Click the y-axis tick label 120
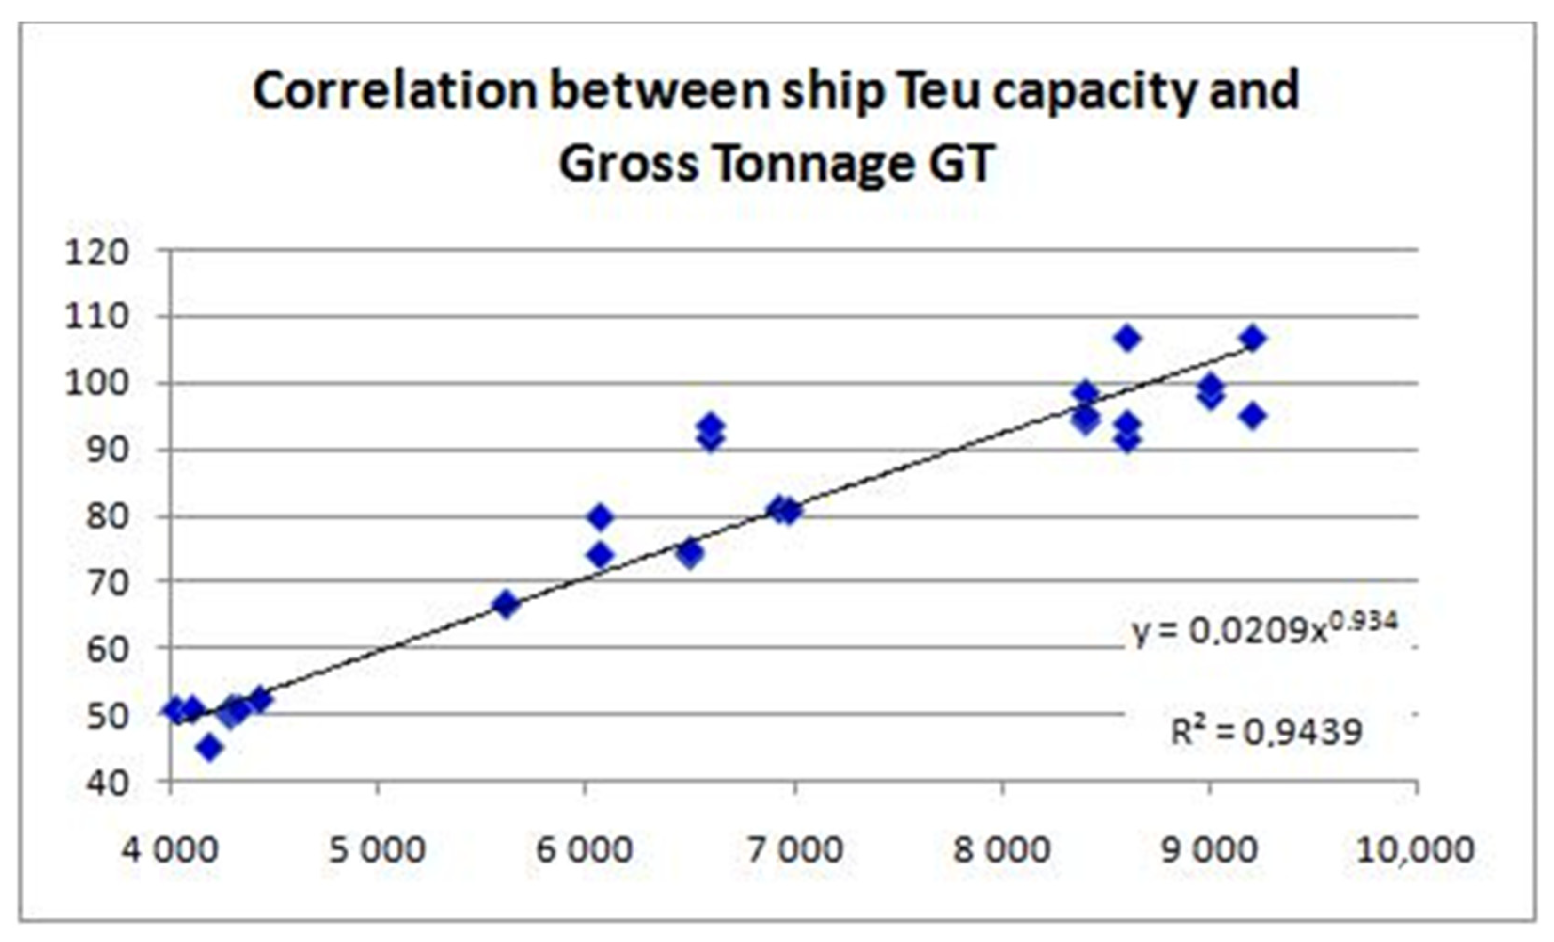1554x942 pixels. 96,253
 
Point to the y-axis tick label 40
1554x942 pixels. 107,784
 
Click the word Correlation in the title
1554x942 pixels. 395,91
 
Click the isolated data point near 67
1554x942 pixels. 506,604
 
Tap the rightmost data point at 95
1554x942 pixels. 1253,416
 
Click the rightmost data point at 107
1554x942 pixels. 1253,339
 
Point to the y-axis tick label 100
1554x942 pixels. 96,383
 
